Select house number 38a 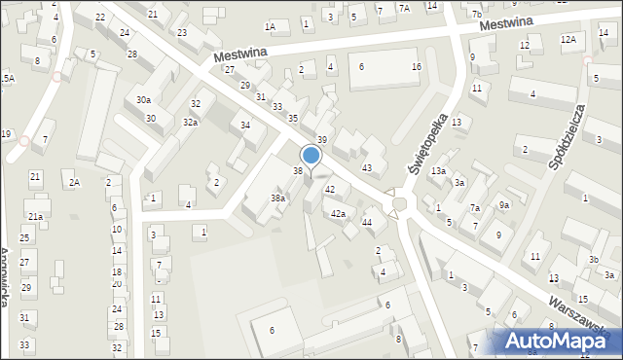[x=277, y=198]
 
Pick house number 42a [x=338, y=213]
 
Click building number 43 [x=367, y=168]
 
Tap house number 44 [x=367, y=223]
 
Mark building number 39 [x=321, y=141]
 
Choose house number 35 [x=293, y=118]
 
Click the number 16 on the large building [x=417, y=66]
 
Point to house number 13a [x=439, y=171]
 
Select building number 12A [x=568, y=39]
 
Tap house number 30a [x=143, y=100]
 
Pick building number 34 [x=246, y=126]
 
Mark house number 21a [x=35, y=216]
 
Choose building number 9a [x=504, y=204]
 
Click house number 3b [x=593, y=259]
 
